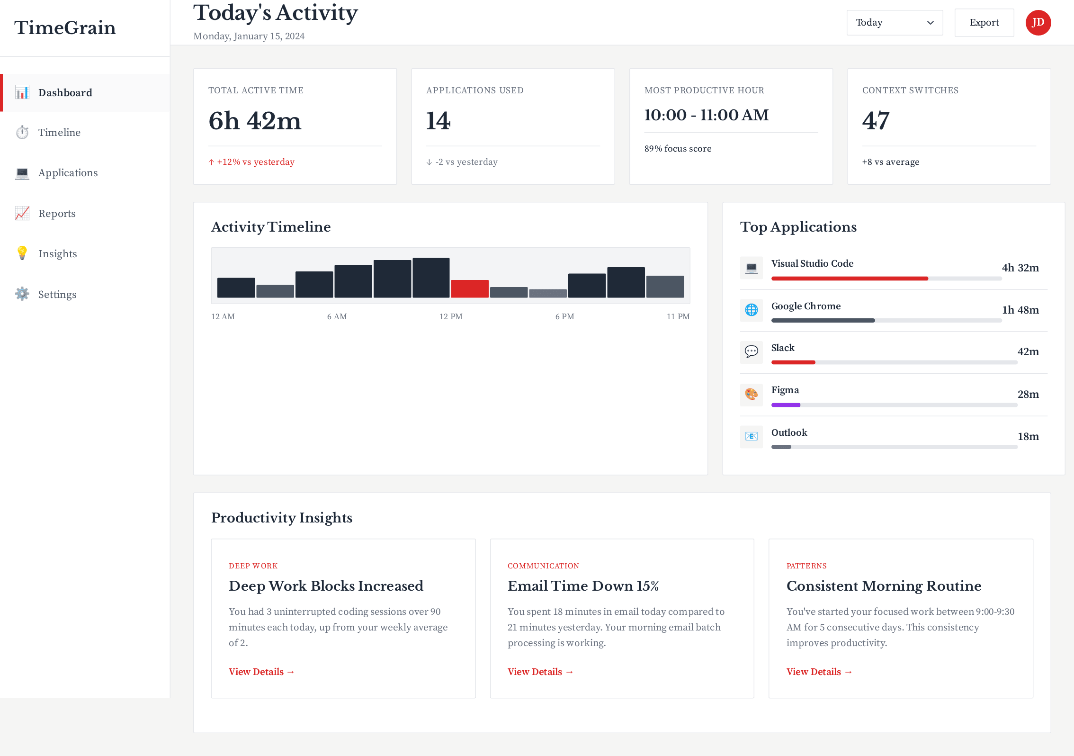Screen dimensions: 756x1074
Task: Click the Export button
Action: [x=984, y=23]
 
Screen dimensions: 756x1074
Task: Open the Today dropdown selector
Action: [x=894, y=23]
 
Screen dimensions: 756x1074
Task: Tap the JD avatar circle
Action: [x=1038, y=23]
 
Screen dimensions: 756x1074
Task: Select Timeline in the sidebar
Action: [x=59, y=133]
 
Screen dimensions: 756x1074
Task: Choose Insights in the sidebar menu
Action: [x=57, y=254]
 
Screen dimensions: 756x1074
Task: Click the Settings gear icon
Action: [x=22, y=294]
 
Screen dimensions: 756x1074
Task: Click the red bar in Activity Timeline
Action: [x=469, y=288]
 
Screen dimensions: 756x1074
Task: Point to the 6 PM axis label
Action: [x=564, y=316]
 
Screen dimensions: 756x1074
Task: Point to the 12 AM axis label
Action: [x=223, y=316]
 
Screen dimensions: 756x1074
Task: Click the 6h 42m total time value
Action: [x=255, y=121]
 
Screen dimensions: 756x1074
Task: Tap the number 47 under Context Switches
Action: [x=876, y=121]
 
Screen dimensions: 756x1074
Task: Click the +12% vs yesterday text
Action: [x=255, y=162]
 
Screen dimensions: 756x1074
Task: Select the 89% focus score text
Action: [x=678, y=149]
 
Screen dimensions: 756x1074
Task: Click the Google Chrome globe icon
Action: [x=751, y=310]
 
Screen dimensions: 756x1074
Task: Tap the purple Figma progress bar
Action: [x=786, y=405]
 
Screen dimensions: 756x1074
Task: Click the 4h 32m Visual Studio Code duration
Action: [x=1020, y=268]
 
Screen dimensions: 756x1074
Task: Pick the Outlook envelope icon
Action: [x=751, y=436]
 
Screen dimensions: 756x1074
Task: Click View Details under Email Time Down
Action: [x=540, y=672]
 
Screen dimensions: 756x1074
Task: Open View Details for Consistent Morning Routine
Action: [x=819, y=672]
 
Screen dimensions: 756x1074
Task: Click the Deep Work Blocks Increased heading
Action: [x=326, y=586]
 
